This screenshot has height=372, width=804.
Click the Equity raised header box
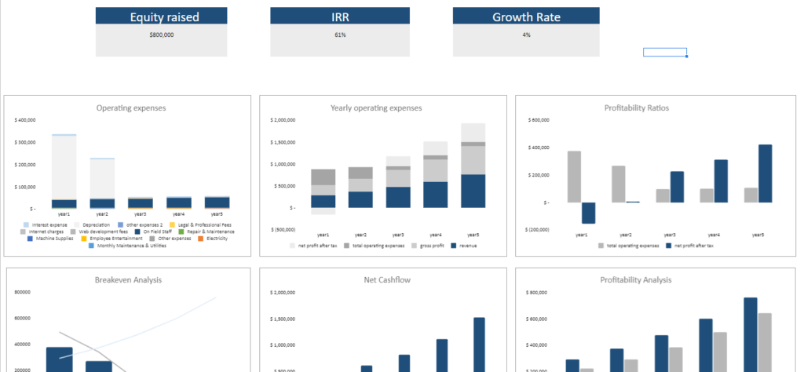pyautogui.click(x=161, y=16)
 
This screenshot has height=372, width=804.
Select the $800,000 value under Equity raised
pyautogui.click(x=161, y=35)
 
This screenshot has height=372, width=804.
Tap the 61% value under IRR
pyautogui.click(x=340, y=35)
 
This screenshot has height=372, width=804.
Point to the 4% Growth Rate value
pyautogui.click(x=526, y=35)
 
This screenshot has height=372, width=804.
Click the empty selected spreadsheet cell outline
pyautogui.click(x=665, y=53)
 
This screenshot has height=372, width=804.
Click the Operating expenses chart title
pyautogui.click(x=131, y=108)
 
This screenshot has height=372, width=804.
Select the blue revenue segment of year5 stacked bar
pyautogui.click(x=473, y=191)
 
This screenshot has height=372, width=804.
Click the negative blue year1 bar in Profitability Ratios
pyautogui.click(x=588, y=213)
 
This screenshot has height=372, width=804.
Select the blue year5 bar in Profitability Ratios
pyautogui.click(x=765, y=173)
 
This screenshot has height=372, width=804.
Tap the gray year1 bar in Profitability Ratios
pyautogui.click(x=574, y=177)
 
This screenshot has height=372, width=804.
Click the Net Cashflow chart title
pyautogui.click(x=388, y=279)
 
